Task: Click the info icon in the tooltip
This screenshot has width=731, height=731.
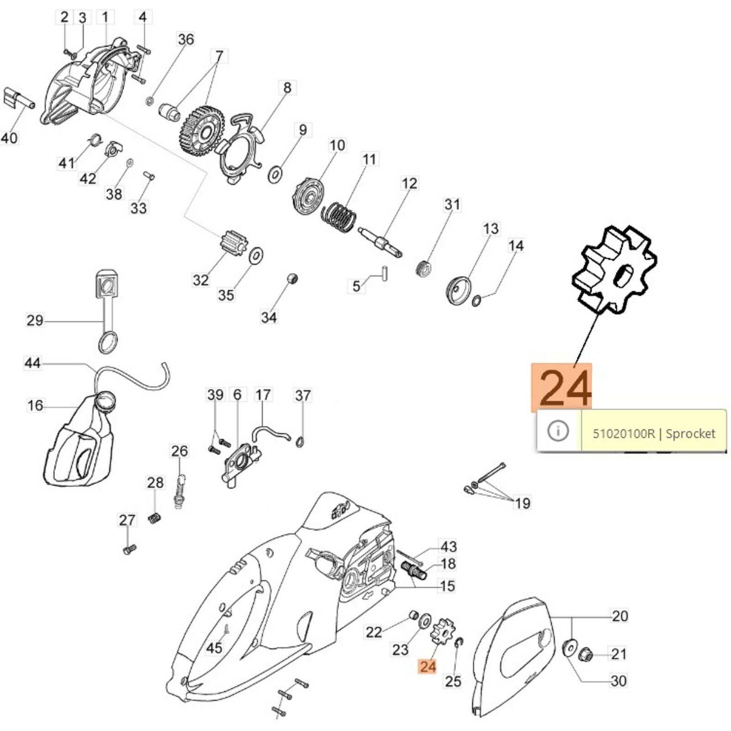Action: point(558,431)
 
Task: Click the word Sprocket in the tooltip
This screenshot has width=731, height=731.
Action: point(690,433)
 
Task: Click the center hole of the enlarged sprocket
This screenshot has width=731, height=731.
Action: point(622,277)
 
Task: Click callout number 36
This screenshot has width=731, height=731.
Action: point(186,39)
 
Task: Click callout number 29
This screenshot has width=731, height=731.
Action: point(35,320)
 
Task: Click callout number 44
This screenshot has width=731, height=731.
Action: point(32,363)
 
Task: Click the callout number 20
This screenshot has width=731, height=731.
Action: point(620,616)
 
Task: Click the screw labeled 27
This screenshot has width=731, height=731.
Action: point(130,549)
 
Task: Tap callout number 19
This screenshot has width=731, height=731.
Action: point(522,503)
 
